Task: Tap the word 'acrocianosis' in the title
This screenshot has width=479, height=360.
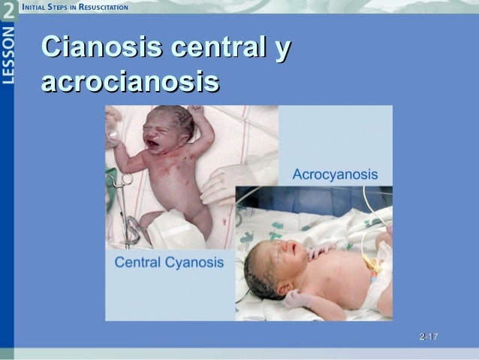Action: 131,81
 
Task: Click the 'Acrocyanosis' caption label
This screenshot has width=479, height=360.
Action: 334,174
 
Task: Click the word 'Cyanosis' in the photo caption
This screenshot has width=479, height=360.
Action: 197,262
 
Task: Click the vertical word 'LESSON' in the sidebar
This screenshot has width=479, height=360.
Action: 8,57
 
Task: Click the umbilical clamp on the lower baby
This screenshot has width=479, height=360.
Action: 369,265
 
